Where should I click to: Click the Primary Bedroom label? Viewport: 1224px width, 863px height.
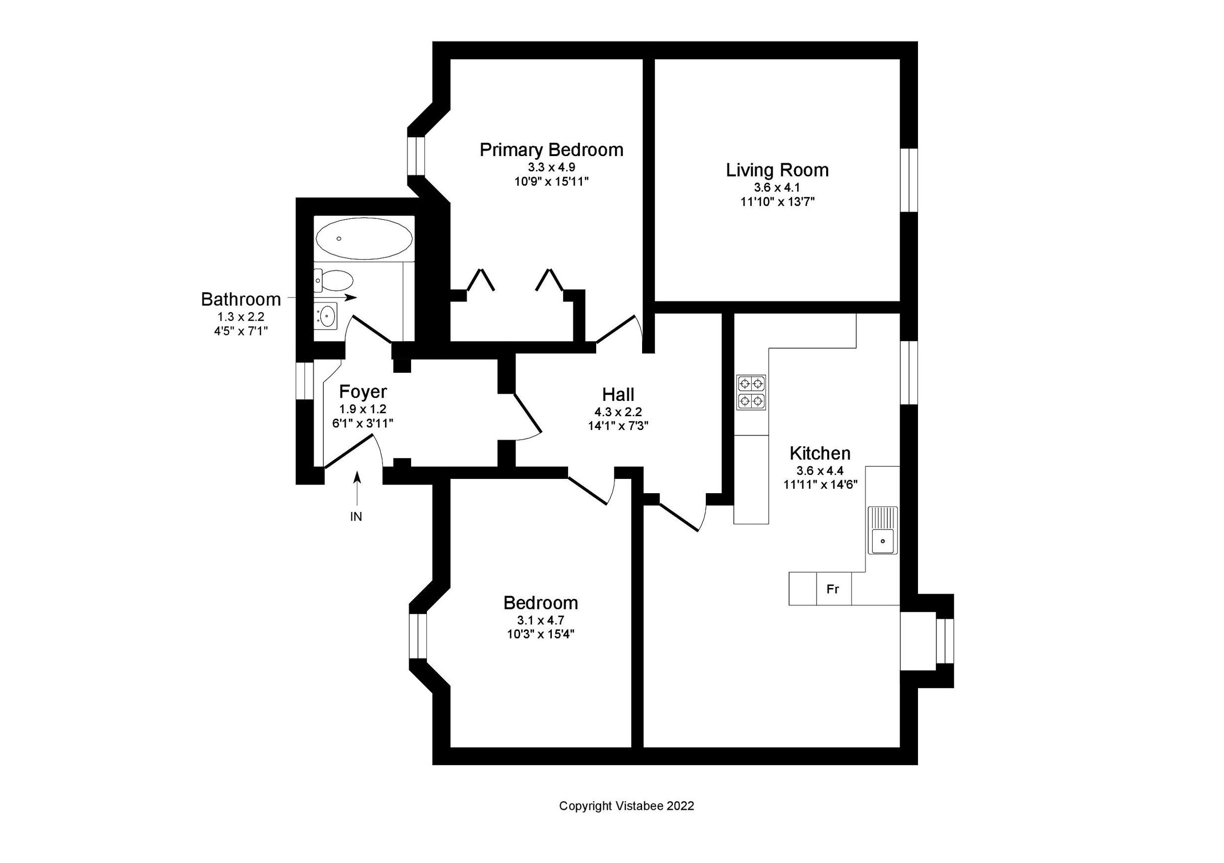click(x=551, y=150)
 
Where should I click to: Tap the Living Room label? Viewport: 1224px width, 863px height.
click(x=777, y=170)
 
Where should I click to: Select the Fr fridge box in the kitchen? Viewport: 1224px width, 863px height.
click(x=833, y=589)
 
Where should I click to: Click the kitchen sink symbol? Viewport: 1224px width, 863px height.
click(x=882, y=530)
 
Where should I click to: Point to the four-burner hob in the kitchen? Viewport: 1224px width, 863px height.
click(x=751, y=392)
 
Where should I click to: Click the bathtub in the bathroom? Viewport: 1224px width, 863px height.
click(x=364, y=238)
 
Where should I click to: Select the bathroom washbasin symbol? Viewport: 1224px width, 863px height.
click(x=326, y=315)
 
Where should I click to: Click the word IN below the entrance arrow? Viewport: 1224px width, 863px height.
click(x=355, y=517)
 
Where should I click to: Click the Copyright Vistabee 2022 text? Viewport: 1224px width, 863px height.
click(x=626, y=806)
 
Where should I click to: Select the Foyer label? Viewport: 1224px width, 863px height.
click(x=363, y=392)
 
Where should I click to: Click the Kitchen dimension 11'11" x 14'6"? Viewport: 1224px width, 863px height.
click(x=820, y=485)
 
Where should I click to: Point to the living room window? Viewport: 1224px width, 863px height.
click(x=909, y=180)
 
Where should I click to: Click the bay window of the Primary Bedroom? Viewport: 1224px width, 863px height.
click(x=416, y=156)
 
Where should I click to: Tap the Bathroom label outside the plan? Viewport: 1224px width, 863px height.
click(x=240, y=299)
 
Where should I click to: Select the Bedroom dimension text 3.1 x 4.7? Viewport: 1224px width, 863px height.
click(x=540, y=620)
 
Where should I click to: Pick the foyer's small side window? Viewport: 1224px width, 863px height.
click(x=305, y=380)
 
